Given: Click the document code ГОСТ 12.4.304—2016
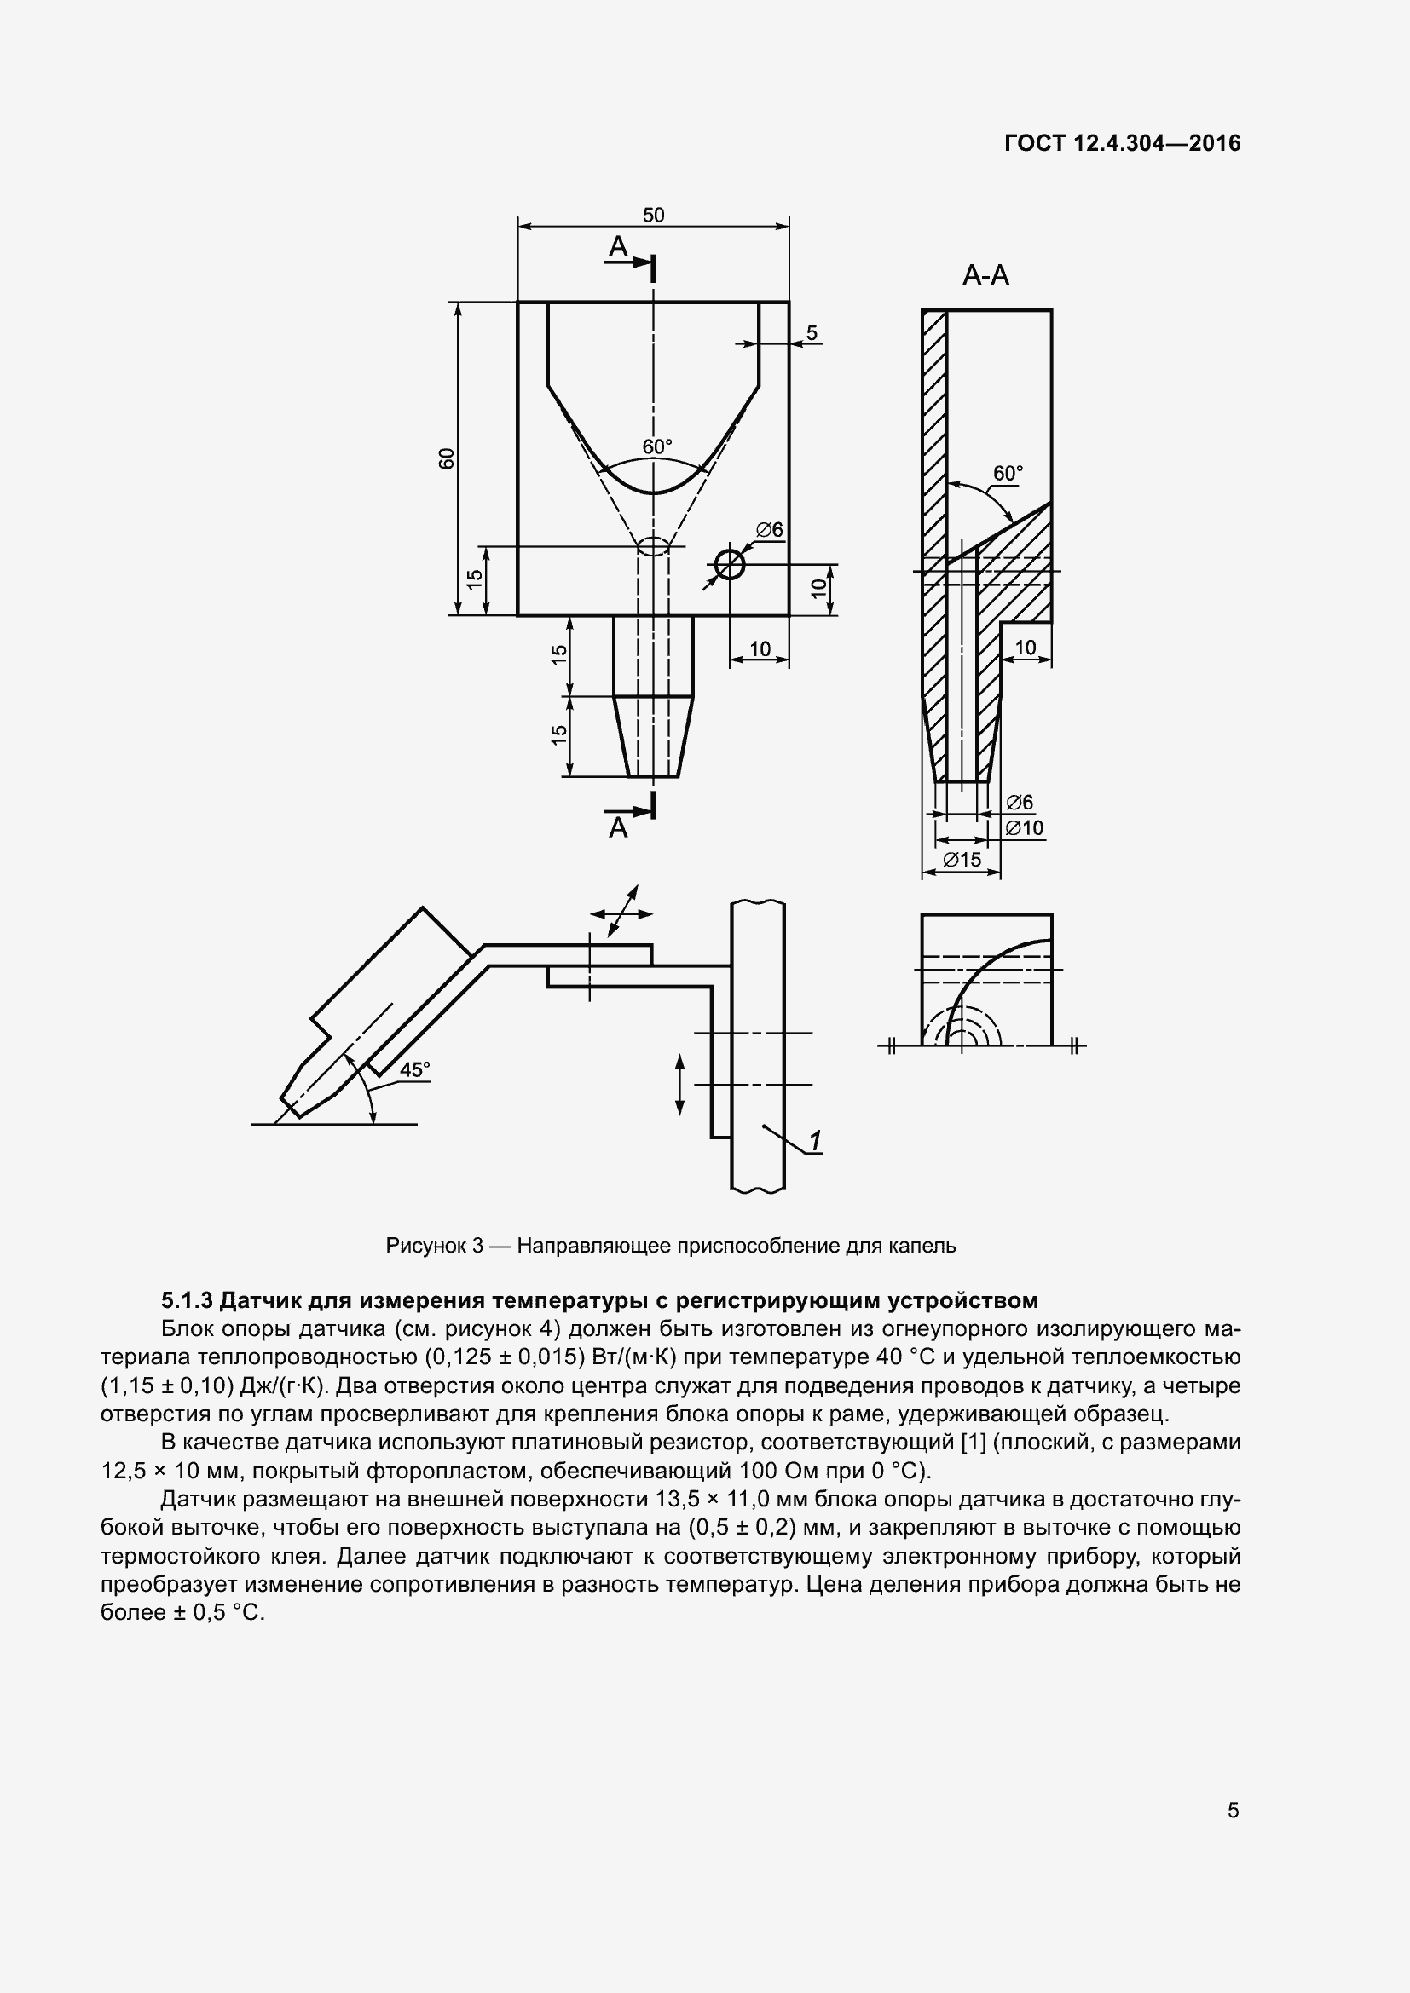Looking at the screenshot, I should [1122, 143].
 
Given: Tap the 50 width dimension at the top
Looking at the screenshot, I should [653, 215].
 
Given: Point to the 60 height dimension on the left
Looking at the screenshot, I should [446, 458].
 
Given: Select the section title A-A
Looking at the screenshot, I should [985, 276].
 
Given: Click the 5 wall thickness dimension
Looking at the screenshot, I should [811, 332].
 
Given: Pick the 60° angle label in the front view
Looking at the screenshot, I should [657, 447].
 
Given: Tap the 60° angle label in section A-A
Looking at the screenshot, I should [1008, 473].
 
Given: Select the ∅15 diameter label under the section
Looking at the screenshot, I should [961, 860].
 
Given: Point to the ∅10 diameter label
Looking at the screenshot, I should [1025, 828].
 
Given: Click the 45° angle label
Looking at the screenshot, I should [414, 1069].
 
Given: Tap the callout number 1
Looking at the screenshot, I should [815, 1141].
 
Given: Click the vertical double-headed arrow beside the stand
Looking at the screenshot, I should [679, 1084].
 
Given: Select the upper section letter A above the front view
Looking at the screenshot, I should [617, 247].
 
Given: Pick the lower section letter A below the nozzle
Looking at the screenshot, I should [617, 827].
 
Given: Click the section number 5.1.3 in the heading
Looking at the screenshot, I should [187, 1300].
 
